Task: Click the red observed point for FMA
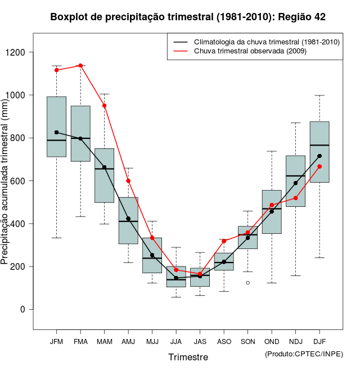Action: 80,66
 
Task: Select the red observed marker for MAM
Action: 104,106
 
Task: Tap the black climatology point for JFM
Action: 56,132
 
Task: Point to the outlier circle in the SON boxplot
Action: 247,283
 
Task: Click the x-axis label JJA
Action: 176,341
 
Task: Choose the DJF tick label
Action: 319,341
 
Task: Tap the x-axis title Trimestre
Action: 188,357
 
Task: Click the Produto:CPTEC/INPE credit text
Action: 304,354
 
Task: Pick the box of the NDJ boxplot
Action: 295,181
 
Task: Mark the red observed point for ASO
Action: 224,241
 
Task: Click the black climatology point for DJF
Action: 319,156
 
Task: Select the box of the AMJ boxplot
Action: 128,220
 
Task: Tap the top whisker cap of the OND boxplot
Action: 272,151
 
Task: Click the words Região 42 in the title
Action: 301,17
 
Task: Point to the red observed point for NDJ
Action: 295,198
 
